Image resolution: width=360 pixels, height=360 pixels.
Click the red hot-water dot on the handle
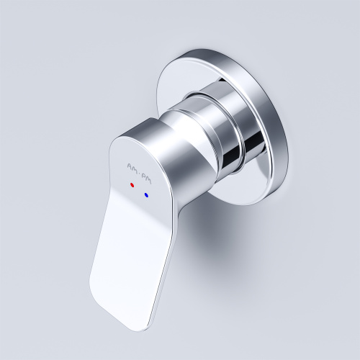[x=132, y=185]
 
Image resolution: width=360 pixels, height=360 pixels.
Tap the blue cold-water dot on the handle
[x=146, y=194]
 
